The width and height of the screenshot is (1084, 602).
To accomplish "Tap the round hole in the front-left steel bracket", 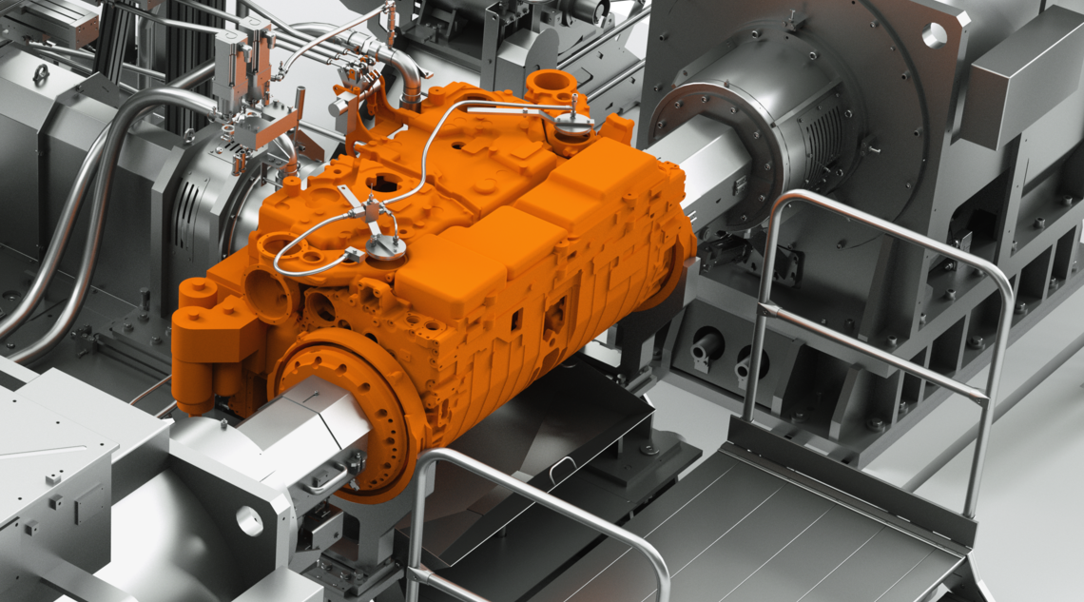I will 248,519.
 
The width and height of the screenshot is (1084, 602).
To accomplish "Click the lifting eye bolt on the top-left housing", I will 42,73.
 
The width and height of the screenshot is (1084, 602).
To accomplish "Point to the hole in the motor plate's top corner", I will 934,35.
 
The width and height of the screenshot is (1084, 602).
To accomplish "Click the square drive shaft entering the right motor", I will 708,171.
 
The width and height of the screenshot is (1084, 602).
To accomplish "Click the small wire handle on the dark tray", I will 561,465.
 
